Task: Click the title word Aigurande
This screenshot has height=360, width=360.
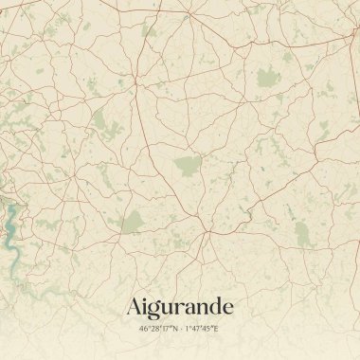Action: [x=179, y=308]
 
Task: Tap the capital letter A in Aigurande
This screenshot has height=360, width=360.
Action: [x=135, y=307]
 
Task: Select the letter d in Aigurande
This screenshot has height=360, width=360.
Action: [x=213, y=307]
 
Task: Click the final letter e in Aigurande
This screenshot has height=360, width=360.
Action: [x=226, y=309]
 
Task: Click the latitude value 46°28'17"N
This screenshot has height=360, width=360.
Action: [x=157, y=329]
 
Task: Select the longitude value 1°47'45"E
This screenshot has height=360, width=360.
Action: [x=201, y=329]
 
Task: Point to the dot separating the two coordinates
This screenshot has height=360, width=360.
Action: [x=179, y=329]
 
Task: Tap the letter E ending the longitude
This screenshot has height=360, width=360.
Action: [x=216, y=329]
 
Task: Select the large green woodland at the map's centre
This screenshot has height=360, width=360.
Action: [x=187, y=167]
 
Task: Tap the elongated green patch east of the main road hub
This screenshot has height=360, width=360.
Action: [x=303, y=233]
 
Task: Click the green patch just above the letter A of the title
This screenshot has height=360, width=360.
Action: [x=134, y=224]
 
